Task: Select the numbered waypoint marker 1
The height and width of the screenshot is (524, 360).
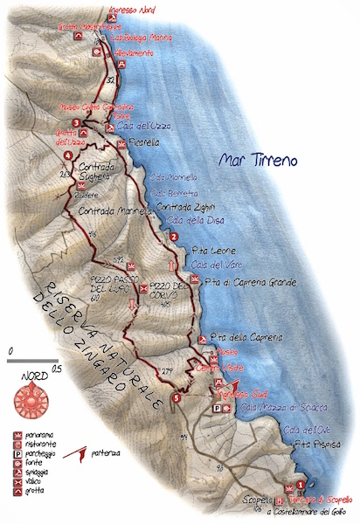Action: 301,485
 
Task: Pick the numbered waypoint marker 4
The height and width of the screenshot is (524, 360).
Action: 68,155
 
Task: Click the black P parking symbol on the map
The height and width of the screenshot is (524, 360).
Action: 216,408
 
